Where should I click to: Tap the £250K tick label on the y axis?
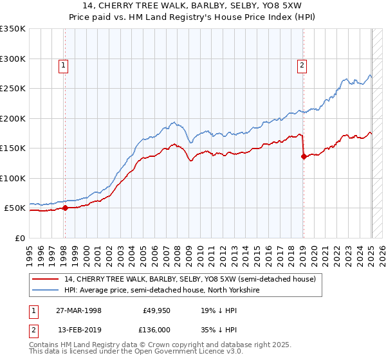(x=13, y=89)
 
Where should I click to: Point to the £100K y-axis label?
(x=13, y=179)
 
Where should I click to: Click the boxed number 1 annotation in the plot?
(x=64, y=64)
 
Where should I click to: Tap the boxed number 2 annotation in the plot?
(x=302, y=64)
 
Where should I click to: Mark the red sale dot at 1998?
(x=65, y=208)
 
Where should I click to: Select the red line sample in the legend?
(x=46, y=280)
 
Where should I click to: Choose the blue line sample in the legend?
(x=46, y=290)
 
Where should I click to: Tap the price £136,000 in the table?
(x=156, y=329)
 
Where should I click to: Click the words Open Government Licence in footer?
(x=181, y=353)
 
